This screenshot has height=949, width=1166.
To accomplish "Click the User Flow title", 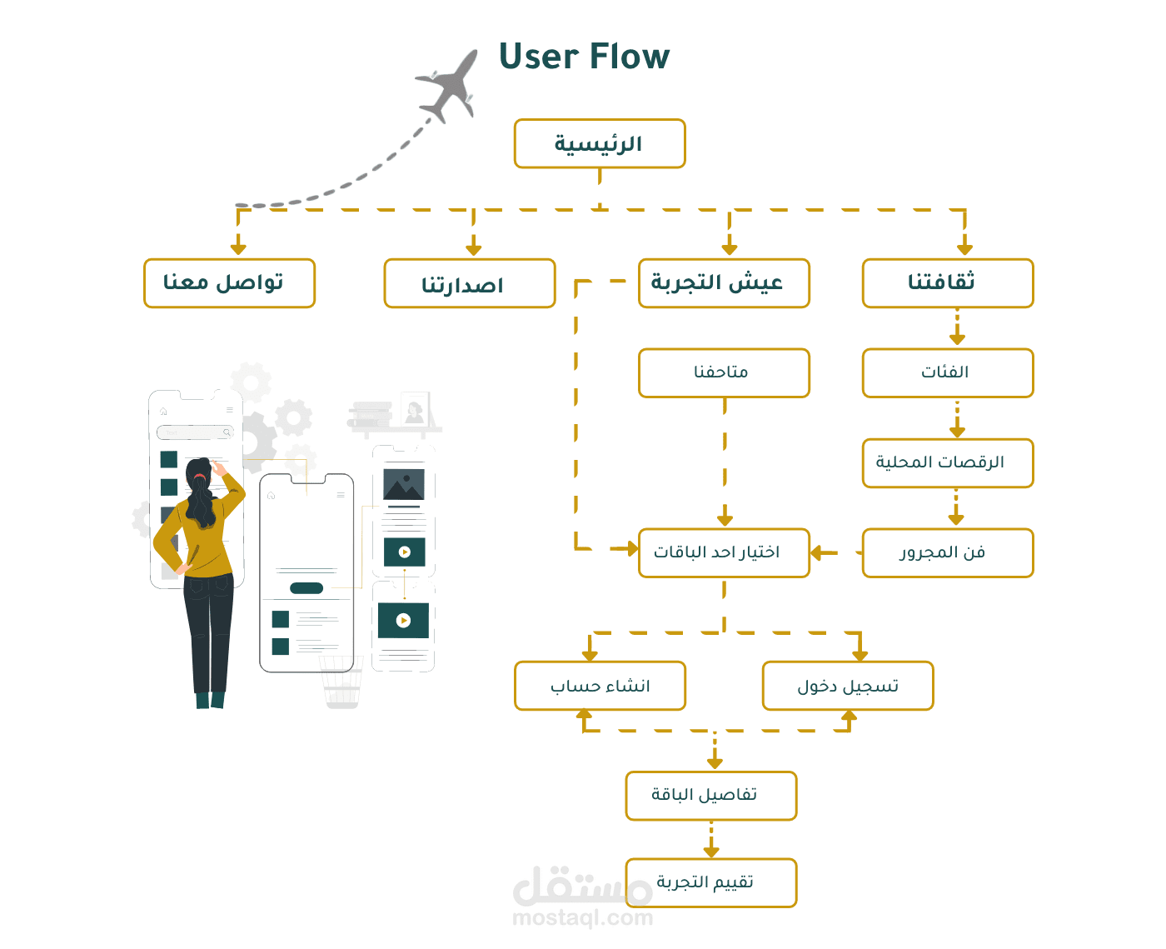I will [584, 57].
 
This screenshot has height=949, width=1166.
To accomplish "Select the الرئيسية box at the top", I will [600, 143].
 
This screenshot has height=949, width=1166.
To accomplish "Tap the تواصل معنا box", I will [229, 283].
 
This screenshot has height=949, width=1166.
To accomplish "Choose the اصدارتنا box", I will [469, 283].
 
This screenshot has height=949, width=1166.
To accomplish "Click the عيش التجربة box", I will [724, 283].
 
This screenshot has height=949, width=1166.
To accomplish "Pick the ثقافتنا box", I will [948, 283].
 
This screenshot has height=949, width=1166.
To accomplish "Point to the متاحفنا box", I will [724, 372].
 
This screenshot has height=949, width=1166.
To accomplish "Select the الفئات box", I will [948, 372].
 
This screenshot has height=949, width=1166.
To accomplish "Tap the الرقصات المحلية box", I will [948, 462].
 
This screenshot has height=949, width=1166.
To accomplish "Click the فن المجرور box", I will [948, 552].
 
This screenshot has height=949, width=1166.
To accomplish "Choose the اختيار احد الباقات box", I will [724, 552].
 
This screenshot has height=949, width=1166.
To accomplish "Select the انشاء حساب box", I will [600, 686].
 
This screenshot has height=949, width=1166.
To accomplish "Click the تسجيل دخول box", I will [848, 686].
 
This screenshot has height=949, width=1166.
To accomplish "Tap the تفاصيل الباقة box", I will [711, 795].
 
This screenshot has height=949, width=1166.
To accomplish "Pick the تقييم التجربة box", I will [711, 882].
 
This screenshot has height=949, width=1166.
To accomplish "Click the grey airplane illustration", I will [449, 84].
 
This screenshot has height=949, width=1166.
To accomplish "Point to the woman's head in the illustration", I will [198, 472].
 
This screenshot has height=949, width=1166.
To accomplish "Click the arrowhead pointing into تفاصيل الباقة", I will [715, 763].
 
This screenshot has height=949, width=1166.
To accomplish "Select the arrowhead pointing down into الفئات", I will [957, 338].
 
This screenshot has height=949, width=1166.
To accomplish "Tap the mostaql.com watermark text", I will [582, 918].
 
